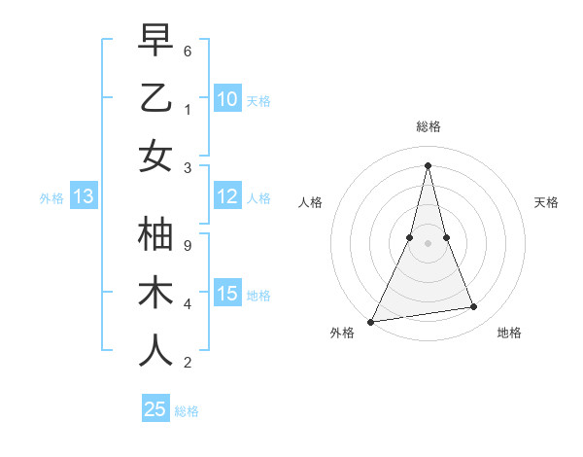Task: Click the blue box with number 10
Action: (227, 98)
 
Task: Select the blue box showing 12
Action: (227, 197)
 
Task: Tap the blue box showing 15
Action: (227, 295)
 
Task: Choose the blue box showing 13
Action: (83, 197)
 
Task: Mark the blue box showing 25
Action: (155, 409)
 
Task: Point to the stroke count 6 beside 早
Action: (188, 50)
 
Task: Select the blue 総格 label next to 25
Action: (187, 411)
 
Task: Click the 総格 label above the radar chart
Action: (428, 126)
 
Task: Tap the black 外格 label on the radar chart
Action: (342, 333)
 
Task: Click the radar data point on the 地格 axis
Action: (474, 307)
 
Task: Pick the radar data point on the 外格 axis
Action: (370, 322)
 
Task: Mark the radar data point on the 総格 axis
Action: (428, 165)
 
